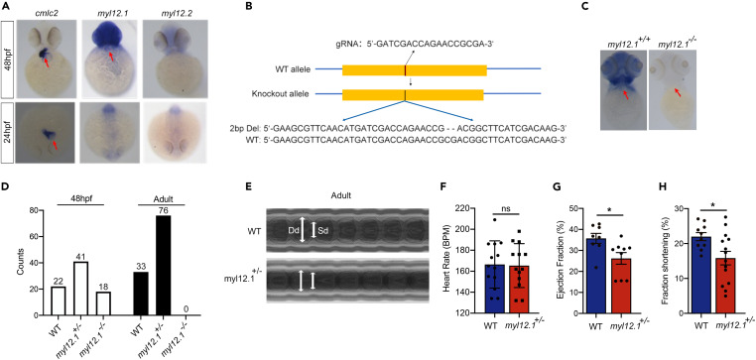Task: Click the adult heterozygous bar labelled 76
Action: click(x=164, y=265)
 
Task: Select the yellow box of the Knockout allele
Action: click(x=413, y=94)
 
